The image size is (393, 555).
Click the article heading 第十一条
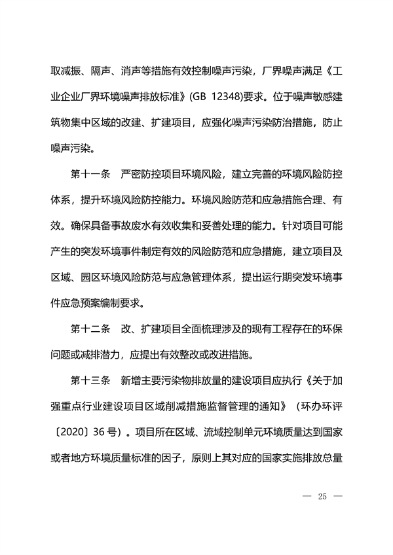[91, 174]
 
